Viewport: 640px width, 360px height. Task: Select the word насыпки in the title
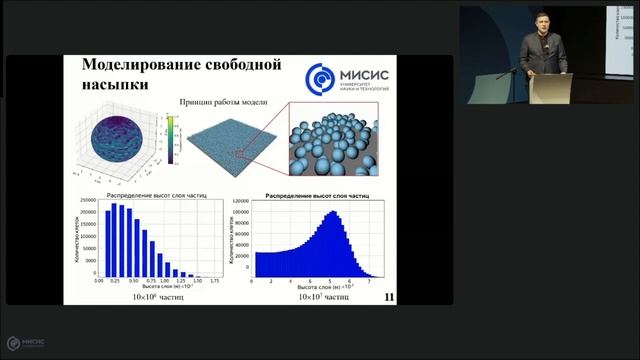pos(114,86)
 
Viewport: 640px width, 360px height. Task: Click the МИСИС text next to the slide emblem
pos(369,72)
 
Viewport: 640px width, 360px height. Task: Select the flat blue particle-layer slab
pos(230,147)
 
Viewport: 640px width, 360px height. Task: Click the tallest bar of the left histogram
pos(115,240)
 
